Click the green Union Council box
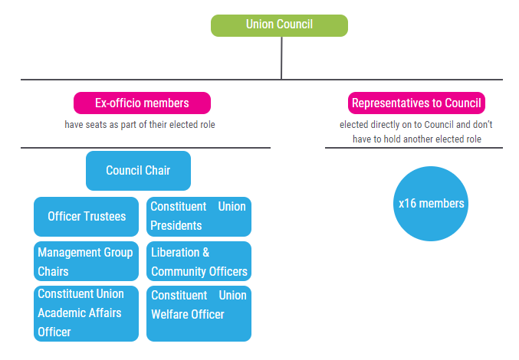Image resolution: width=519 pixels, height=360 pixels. [279, 25]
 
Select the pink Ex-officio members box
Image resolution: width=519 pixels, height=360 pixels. [142, 103]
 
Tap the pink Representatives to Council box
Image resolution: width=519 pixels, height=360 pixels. [416, 103]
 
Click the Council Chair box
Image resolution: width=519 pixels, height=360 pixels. [138, 170]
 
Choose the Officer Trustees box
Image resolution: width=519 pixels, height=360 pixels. [87, 216]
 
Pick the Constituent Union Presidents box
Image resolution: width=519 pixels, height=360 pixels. [199, 216]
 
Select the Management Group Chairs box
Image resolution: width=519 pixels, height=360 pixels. [87, 261]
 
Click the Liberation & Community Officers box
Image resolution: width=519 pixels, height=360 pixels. [199, 261]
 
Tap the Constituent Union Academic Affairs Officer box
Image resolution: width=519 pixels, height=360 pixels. [87, 313]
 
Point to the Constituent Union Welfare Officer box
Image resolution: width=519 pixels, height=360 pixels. [199, 313]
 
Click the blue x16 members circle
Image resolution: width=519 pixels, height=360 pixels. [431, 204]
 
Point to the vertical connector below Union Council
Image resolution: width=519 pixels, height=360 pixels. [281, 58]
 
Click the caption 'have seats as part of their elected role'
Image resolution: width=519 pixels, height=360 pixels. [140, 124]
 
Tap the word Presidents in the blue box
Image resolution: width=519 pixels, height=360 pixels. [176, 226]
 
